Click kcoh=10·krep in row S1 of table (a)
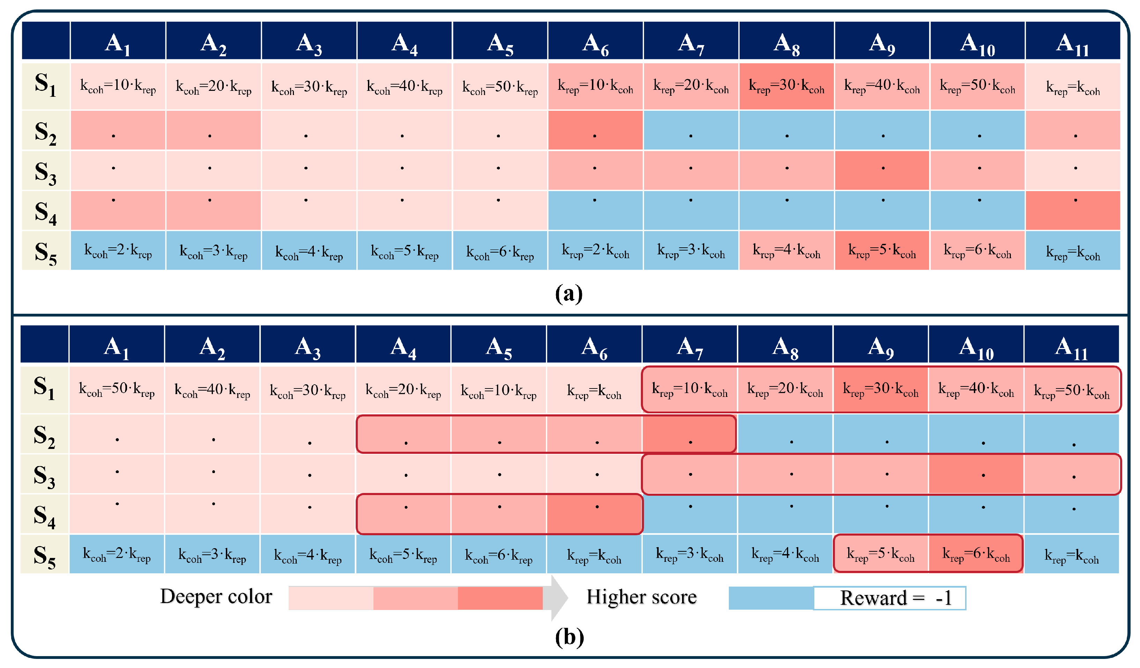[118, 86]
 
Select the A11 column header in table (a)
[1072, 44]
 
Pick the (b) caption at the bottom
[569, 637]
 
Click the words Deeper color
[216, 597]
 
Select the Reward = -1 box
[889, 598]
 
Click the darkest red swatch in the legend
[500, 598]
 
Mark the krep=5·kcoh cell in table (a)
[882, 251]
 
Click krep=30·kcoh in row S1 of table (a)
[786, 86]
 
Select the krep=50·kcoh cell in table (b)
[1072, 390]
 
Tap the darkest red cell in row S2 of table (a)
[595, 130]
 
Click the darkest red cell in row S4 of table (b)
[595, 514]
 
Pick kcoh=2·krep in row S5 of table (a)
[118, 251]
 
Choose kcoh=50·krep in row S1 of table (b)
[117, 390]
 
